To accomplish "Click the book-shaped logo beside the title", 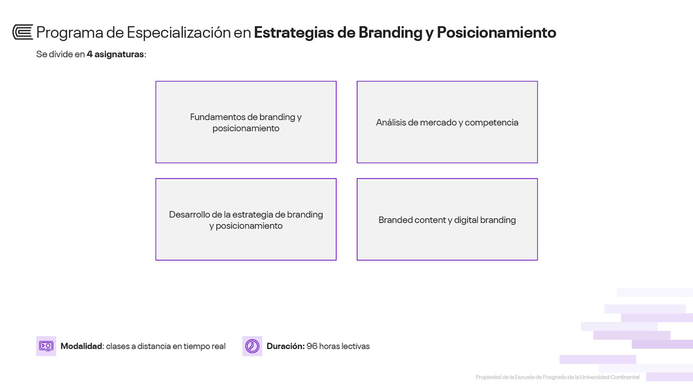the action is click(23, 32).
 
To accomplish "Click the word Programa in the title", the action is click(70, 33).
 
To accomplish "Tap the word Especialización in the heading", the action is click(179, 33).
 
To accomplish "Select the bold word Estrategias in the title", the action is click(294, 33).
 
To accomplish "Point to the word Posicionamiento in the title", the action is click(497, 32).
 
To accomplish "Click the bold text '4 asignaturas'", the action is click(115, 54).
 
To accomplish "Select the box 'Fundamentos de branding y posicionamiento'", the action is click(246, 122).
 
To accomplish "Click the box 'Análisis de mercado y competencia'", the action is click(448, 122).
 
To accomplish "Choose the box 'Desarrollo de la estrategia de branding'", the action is click(246, 219).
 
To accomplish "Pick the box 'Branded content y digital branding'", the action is click(448, 219).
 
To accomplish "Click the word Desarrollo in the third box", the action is click(189, 214).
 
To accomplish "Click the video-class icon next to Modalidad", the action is click(46, 346).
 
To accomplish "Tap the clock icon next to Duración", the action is click(252, 346).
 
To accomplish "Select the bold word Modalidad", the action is click(81, 346).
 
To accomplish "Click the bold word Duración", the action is click(285, 346).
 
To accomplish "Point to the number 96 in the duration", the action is click(312, 346).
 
